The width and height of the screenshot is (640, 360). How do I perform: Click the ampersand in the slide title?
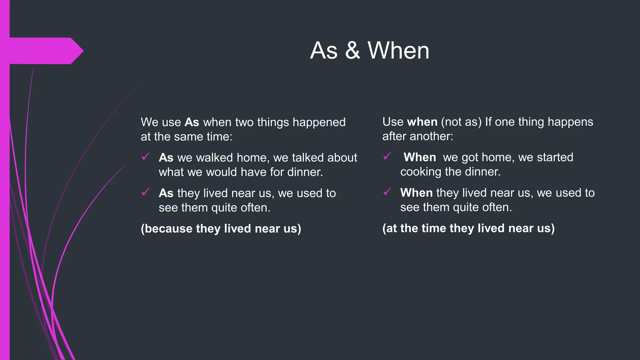352,51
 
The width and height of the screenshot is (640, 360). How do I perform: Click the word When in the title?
398,51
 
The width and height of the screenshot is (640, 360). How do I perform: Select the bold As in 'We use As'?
192,122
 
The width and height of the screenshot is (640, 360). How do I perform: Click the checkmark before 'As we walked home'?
145,157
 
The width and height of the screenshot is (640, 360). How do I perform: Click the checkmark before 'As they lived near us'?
145,192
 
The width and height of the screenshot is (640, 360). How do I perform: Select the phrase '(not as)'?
461,122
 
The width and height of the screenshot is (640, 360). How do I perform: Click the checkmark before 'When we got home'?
387,156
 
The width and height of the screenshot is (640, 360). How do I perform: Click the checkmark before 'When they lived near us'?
387,192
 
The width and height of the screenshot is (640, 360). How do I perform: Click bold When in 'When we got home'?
420,157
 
